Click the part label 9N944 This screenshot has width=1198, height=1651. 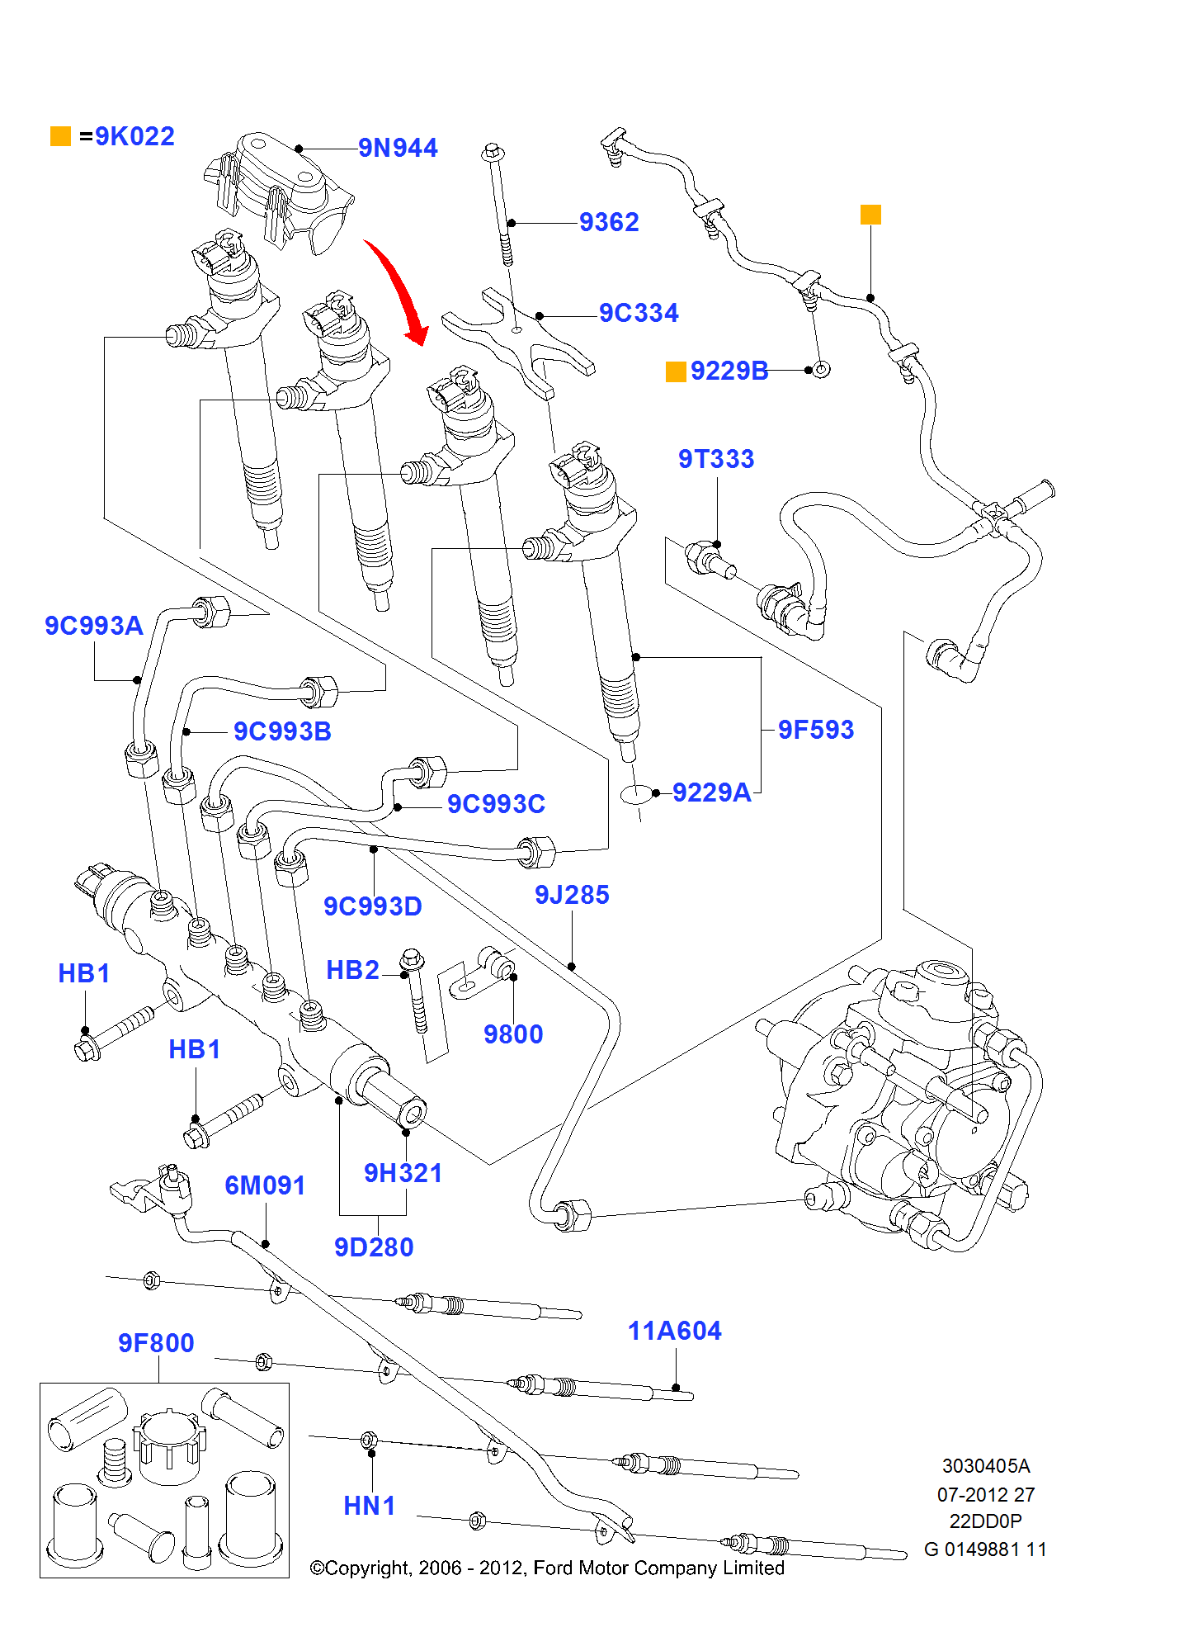[x=398, y=149]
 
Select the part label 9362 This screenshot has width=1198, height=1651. [x=609, y=223]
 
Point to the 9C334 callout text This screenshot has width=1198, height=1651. [x=639, y=314]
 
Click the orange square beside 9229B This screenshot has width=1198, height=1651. [x=676, y=371]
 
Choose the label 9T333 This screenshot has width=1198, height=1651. [x=716, y=460]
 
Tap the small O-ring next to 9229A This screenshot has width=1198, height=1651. [x=636, y=794]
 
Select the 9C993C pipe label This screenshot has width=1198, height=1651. [x=496, y=805]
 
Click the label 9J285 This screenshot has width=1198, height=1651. [x=572, y=896]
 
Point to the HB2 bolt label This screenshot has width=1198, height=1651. [x=352, y=971]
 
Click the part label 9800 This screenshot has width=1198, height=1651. [x=513, y=1035]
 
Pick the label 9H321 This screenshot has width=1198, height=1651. [x=403, y=1174]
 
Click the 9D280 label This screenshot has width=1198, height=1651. [x=374, y=1248]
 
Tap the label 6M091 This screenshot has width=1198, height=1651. [x=265, y=1186]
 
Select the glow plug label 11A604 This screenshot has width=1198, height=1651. [x=674, y=1332]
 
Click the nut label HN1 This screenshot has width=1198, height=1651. [x=369, y=1507]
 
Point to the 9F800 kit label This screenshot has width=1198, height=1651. [x=156, y=1344]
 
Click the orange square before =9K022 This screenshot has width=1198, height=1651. [x=60, y=136]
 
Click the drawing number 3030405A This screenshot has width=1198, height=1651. [x=986, y=1467]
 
